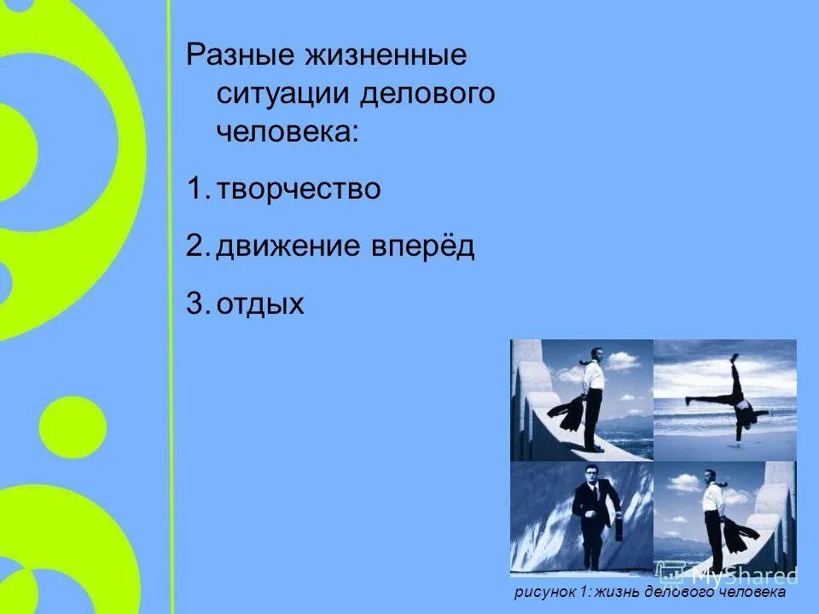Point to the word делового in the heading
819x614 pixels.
(x=427, y=94)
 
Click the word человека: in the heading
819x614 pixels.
(x=288, y=132)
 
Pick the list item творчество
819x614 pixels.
(x=298, y=189)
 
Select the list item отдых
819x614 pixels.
(x=260, y=304)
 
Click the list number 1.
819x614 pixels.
(x=194, y=189)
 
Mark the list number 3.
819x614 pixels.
(x=194, y=304)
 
